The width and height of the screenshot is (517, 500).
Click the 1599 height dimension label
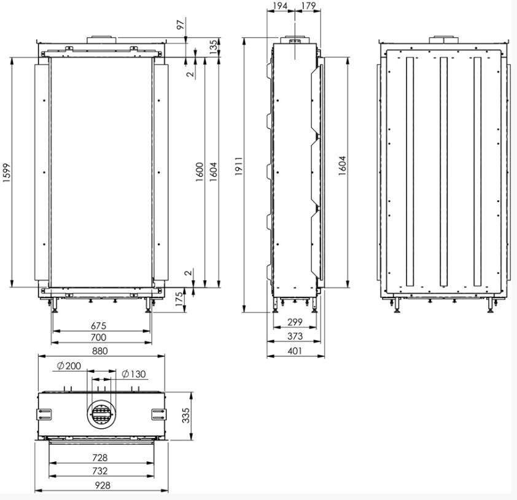click(7, 172)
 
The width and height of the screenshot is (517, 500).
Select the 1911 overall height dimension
click(239, 166)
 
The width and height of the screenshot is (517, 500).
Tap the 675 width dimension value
click(99, 326)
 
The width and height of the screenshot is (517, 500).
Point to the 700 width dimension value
click(99, 337)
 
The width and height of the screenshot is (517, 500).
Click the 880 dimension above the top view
click(99, 351)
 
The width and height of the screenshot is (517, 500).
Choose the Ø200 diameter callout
click(69, 365)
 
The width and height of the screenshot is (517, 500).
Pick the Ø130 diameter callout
click(133, 374)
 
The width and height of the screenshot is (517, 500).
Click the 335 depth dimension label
click(186, 416)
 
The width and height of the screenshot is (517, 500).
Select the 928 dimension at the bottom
click(103, 485)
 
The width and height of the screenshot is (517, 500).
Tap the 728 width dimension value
click(100, 458)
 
